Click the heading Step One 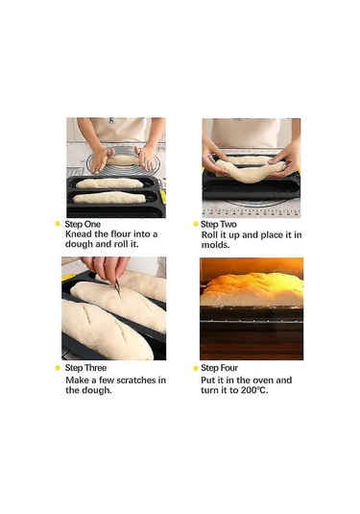click(83, 224)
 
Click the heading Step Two click(219, 224)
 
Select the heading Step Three click(85, 368)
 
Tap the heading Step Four click(220, 368)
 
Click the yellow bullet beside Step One click(58, 224)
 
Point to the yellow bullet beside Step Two click(196, 224)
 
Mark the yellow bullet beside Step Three click(58, 368)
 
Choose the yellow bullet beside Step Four click(196, 368)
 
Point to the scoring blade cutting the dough click(117, 286)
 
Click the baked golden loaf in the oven click(252, 288)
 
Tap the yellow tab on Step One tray click(163, 196)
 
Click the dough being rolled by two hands click(124, 160)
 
